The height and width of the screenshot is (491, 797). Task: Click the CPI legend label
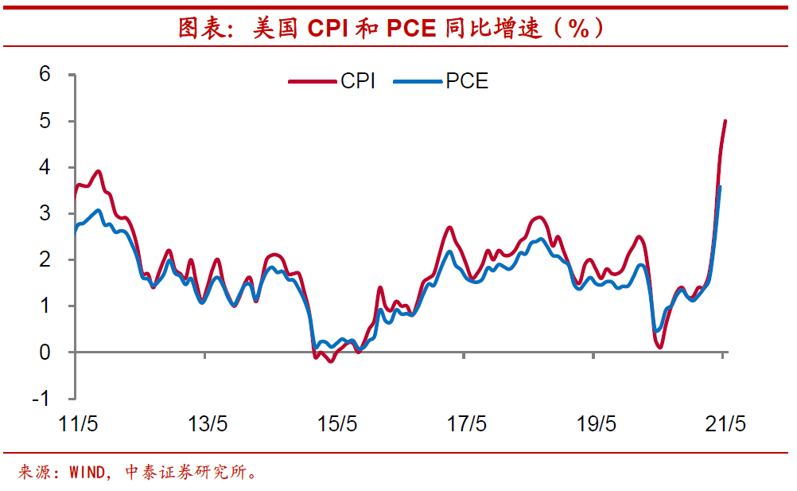358,81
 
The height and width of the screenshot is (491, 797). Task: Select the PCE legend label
467,81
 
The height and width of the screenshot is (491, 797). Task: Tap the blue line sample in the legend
417,81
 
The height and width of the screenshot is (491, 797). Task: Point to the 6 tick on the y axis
45,75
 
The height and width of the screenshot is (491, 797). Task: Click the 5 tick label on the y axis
45,121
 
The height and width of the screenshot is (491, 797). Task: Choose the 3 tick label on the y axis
45,213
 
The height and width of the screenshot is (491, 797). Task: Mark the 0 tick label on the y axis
45,352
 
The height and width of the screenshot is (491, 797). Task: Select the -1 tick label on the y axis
41,398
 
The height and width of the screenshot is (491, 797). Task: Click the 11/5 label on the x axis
79,423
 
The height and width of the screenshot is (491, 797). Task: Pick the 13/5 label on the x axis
208,423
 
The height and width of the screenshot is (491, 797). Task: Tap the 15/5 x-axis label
337,423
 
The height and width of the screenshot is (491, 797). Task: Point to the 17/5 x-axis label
467,423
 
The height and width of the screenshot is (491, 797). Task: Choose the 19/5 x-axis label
597,423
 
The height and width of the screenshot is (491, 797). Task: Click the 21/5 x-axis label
725,423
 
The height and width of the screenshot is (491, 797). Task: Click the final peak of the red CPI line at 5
725,121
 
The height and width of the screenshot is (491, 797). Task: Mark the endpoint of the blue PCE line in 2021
720,187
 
